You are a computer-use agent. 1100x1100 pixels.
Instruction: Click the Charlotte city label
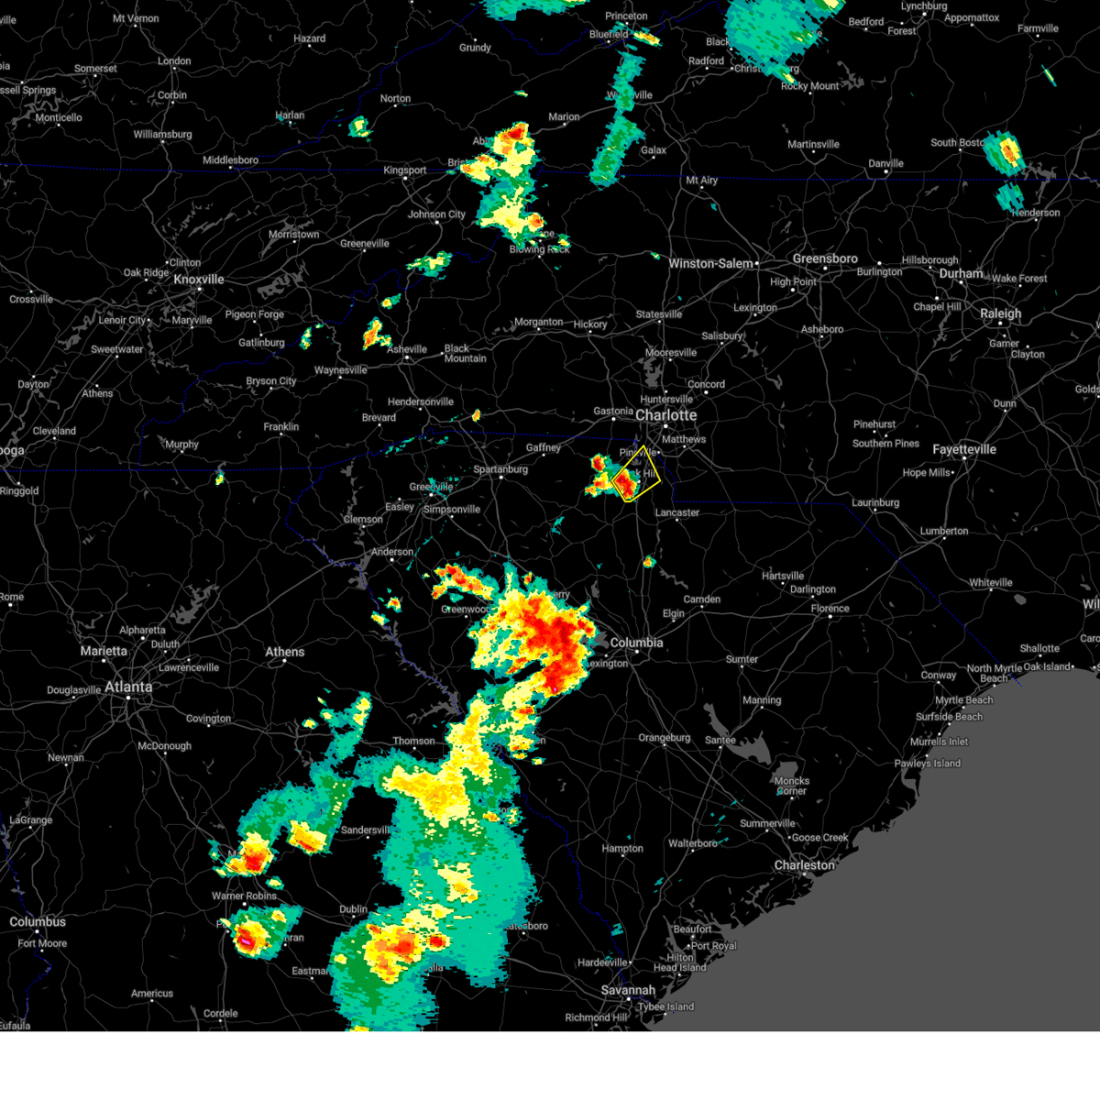coord(666,415)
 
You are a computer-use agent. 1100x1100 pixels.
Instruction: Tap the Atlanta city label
coord(128,687)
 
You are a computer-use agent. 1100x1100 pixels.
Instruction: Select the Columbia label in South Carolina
coord(636,643)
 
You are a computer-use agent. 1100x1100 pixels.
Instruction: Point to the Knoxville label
coord(199,280)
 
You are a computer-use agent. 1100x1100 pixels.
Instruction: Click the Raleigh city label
coord(1000,313)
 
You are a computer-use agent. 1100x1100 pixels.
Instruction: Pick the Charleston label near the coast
coord(805,865)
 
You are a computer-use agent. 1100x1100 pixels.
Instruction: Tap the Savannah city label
coord(629,990)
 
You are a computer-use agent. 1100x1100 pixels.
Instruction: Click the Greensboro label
coord(825,259)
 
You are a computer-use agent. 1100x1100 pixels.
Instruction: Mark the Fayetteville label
coord(964,450)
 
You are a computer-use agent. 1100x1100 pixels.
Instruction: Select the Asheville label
coord(407,349)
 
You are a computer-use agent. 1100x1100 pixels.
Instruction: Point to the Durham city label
coord(961,274)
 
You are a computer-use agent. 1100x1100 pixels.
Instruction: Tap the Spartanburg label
coord(500,469)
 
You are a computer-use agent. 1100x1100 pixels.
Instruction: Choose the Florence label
coord(830,609)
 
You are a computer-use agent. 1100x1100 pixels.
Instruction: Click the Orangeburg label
coord(665,738)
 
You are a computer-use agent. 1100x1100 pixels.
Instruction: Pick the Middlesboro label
coord(230,160)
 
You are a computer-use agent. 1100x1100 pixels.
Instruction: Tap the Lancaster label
coord(677,512)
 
